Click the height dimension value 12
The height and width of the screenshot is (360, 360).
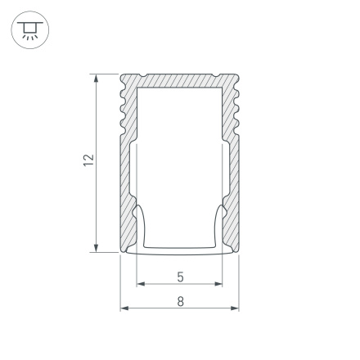[x=89, y=160]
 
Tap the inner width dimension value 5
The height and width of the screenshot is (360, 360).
[x=180, y=277]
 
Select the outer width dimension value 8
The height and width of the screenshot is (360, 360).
[x=180, y=300]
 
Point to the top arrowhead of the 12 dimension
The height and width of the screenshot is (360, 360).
[x=97, y=78]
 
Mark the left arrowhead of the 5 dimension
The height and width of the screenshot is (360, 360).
[x=139, y=285]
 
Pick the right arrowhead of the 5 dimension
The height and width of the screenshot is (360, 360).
[x=219, y=285]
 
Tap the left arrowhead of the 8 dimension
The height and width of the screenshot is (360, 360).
[x=124, y=308]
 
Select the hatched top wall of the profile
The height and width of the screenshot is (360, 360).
[x=180, y=79]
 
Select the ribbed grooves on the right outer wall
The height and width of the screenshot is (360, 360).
[x=236, y=106]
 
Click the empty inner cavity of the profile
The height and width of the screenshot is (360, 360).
[x=180, y=155]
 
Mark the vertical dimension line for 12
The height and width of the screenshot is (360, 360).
[x=97, y=205]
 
